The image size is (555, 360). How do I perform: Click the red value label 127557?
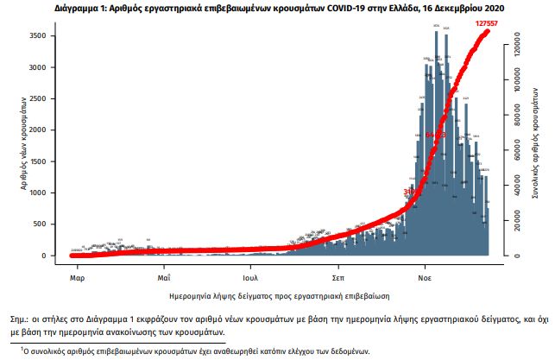click(489, 23)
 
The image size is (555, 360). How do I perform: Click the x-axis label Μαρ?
click(76, 279)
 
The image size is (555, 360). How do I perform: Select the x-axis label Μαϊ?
click(163, 279)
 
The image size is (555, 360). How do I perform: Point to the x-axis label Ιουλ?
click(251, 279)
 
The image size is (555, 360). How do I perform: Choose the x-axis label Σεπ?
click(338, 279)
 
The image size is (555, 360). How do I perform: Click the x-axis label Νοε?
click(426, 279)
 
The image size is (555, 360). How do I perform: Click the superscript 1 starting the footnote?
click(22, 348)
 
